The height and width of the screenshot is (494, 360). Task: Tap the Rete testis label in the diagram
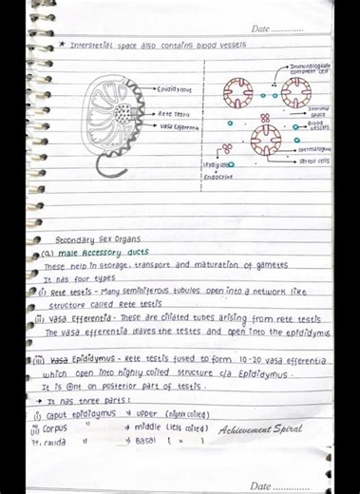click(175, 113)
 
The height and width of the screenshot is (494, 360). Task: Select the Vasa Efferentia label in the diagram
click(179, 125)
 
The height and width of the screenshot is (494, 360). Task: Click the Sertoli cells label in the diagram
click(314, 161)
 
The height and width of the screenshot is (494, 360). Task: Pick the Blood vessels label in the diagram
click(316, 124)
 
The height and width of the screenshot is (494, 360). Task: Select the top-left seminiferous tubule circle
click(238, 93)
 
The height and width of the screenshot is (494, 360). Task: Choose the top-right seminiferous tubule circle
click(295, 93)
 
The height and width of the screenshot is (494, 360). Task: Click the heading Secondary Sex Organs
click(96, 240)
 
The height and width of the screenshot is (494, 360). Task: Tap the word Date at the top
click(261, 29)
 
